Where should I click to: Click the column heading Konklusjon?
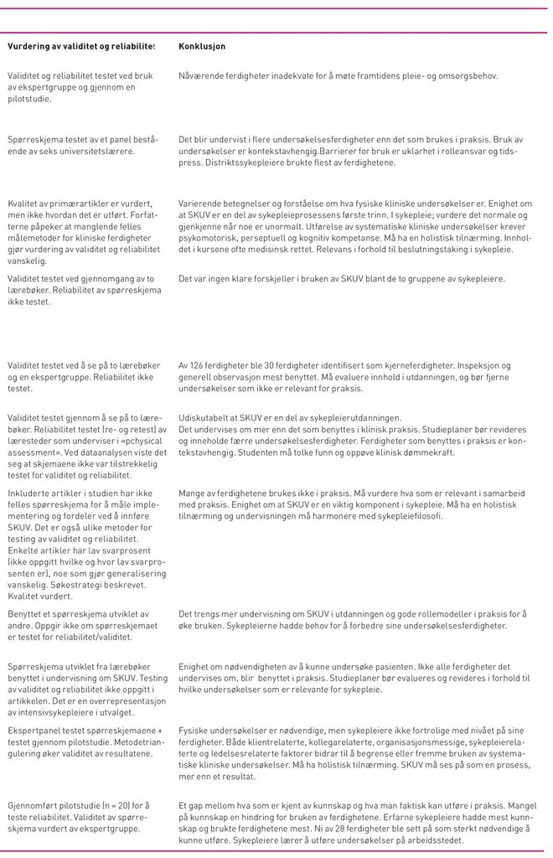202,46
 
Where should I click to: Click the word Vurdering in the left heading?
29,46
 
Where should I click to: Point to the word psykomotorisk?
206,237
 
